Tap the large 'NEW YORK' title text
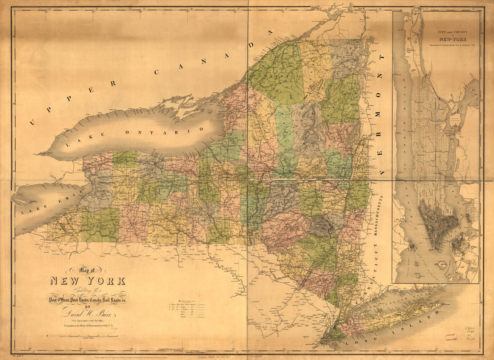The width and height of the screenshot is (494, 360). [88, 281]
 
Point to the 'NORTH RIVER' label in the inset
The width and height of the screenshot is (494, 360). [409, 135]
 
